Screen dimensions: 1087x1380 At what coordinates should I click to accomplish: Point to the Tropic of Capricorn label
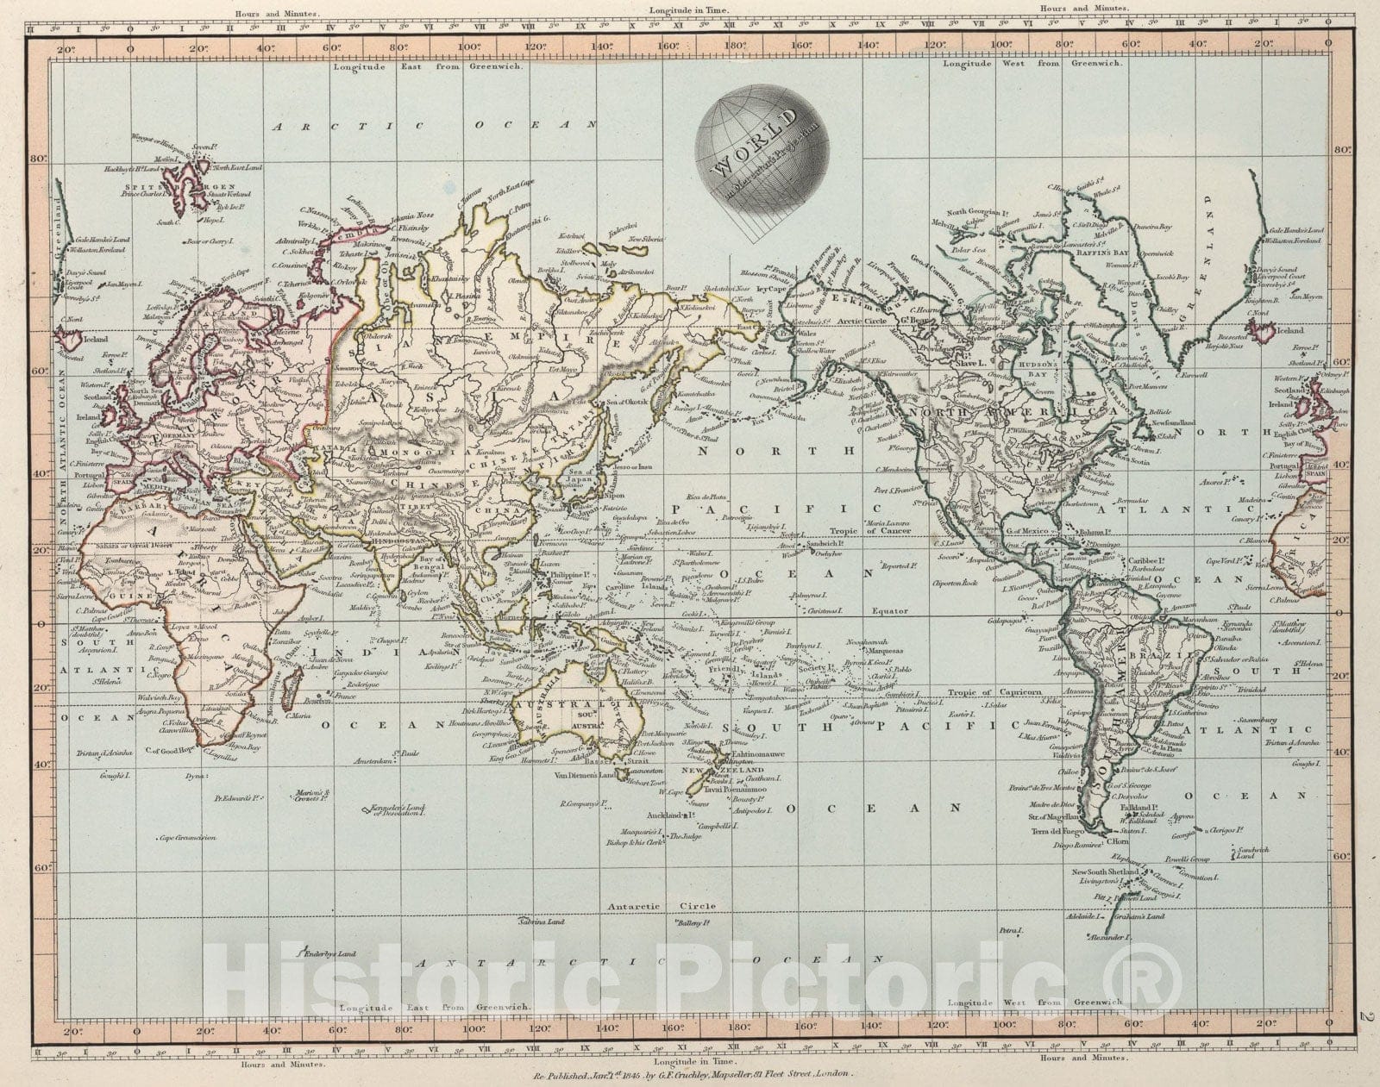(994, 692)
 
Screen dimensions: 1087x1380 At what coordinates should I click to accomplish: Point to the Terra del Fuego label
(1056, 831)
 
